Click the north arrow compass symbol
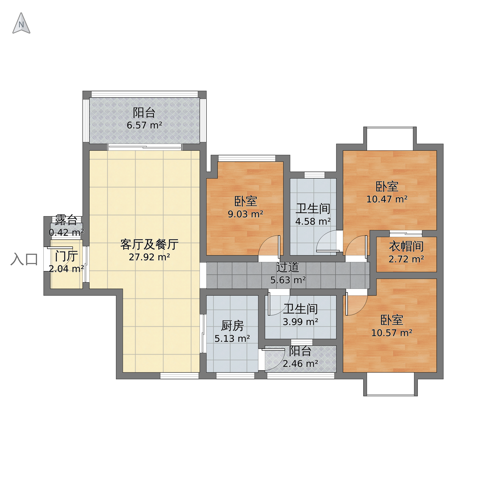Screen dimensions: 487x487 (x=21, y=23)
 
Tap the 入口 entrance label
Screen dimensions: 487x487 (x=24, y=259)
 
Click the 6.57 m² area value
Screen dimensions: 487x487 (x=144, y=125)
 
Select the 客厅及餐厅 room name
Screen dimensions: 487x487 (x=149, y=244)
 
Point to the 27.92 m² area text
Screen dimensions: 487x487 (x=149, y=257)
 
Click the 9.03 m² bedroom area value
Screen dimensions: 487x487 (x=246, y=214)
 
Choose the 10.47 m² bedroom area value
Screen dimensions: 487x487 (x=387, y=199)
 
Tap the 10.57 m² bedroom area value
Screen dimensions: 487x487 (x=392, y=333)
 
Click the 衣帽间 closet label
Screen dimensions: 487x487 (x=406, y=246)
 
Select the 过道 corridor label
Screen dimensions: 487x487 (x=288, y=267)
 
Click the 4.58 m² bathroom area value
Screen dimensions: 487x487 (x=313, y=222)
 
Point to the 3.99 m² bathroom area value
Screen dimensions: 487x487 (x=300, y=322)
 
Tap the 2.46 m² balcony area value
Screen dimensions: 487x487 (x=300, y=364)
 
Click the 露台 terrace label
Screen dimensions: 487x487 (x=66, y=220)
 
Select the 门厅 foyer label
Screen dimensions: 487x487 (x=66, y=257)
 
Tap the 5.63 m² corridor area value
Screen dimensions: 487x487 (x=288, y=280)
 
